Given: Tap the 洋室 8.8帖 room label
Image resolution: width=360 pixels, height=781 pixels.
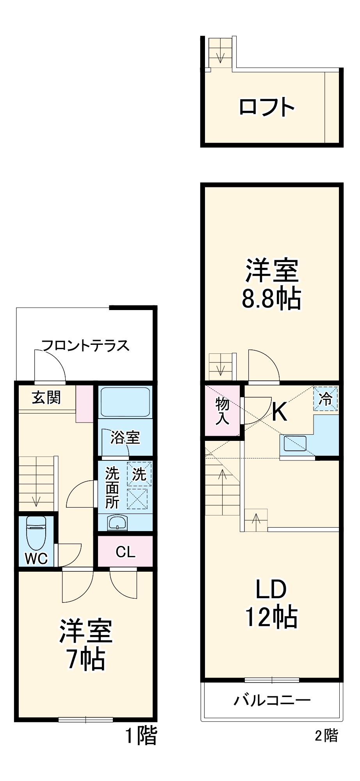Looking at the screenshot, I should [271, 285].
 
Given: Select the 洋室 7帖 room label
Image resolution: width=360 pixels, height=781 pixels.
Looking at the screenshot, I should [86, 645].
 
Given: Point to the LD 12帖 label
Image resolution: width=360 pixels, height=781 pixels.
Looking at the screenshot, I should [271, 604].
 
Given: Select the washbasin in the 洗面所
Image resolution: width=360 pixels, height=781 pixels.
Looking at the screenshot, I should [117, 522].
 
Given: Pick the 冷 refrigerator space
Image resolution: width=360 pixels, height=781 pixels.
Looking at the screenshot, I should [325, 399].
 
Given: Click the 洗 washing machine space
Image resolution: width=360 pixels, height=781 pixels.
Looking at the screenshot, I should [139, 474].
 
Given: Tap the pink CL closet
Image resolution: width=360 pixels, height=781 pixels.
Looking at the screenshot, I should [125, 552].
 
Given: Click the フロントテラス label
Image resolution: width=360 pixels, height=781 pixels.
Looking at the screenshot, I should [86, 346].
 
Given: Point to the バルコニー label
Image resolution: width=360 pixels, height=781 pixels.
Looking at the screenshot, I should [272, 700].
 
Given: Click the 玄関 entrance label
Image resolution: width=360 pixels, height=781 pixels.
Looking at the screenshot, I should [46, 398].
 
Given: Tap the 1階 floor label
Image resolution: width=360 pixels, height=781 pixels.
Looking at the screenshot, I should [141, 736].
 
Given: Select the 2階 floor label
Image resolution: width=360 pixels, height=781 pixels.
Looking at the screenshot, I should [326, 736].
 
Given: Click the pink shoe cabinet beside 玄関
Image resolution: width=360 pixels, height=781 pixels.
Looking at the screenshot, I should [84, 404].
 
